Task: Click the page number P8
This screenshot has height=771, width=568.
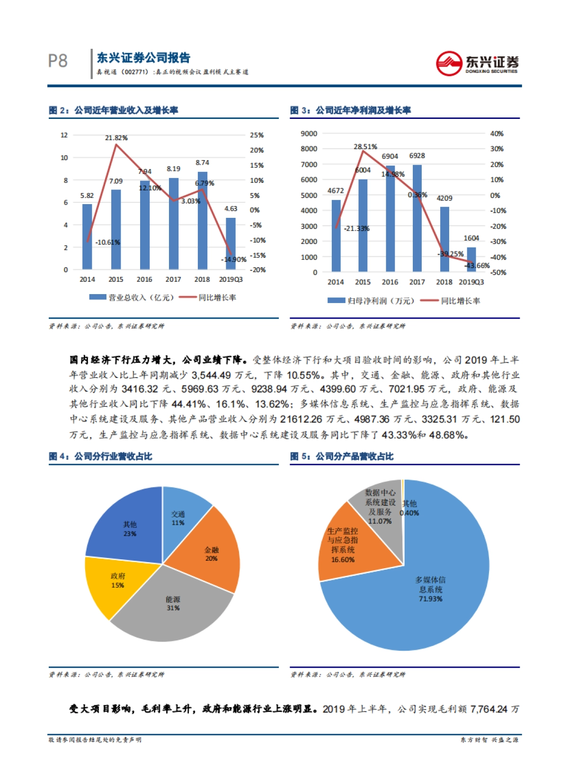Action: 58,61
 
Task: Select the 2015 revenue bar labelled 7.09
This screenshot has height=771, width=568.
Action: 116,229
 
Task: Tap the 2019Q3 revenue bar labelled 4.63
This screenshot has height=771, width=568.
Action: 231,243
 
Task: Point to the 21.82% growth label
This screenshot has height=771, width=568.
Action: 116,138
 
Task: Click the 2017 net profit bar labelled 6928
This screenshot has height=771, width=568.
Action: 417,218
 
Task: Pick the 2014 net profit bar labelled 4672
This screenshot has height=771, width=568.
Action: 336,236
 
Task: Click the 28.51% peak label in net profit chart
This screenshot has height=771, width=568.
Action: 365,147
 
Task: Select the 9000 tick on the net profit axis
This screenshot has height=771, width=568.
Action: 309,134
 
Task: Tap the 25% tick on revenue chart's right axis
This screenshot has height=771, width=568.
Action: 257,135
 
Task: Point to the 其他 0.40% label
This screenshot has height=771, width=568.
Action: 409,508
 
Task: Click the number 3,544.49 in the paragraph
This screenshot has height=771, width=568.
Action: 212,375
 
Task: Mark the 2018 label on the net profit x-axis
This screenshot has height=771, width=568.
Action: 444,282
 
